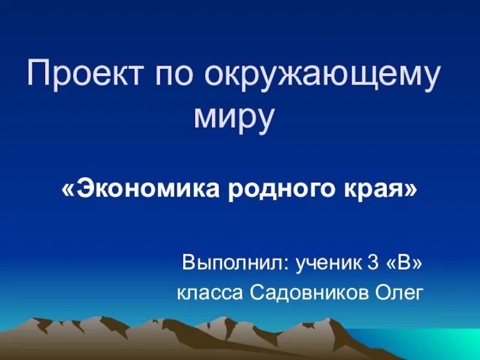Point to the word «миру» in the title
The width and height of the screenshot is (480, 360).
click(x=235, y=119)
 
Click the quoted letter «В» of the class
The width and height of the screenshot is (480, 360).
click(x=406, y=262)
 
